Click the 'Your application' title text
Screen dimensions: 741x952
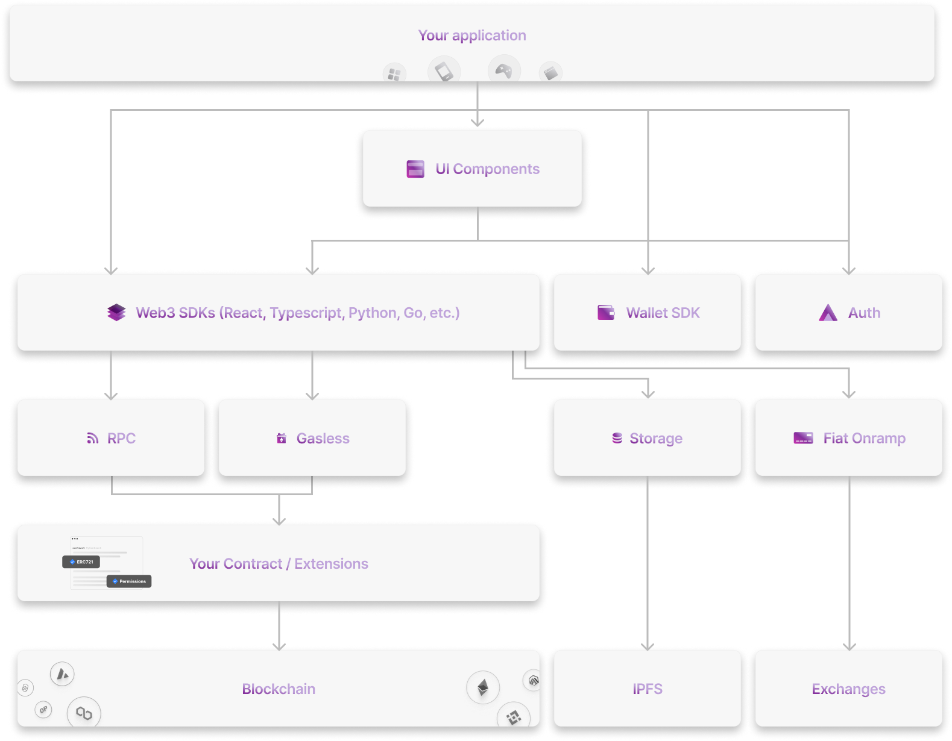coord(472,36)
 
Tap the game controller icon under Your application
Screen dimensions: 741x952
coord(504,70)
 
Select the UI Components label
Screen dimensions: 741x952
coord(487,169)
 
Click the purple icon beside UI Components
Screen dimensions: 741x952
coord(415,169)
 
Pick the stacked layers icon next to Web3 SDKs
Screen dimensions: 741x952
coord(116,312)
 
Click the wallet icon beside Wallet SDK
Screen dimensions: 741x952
coord(606,313)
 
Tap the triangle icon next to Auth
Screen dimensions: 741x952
coord(828,313)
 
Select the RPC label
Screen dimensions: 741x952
coord(121,439)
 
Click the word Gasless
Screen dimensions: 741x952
coord(323,439)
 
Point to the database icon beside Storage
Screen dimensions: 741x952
coord(617,438)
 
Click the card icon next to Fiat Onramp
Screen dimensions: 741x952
coord(803,438)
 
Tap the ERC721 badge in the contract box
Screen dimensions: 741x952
coord(81,562)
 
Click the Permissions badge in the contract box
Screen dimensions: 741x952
coord(129,581)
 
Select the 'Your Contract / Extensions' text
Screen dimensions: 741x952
coord(279,564)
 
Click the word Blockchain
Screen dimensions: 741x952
coord(279,689)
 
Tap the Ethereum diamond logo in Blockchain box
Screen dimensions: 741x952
coord(483,687)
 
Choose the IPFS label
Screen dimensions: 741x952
coord(648,689)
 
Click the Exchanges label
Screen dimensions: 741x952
coord(848,689)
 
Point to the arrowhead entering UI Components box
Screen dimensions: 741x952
coord(478,123)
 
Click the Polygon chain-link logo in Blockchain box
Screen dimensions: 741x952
coord(84,713)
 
